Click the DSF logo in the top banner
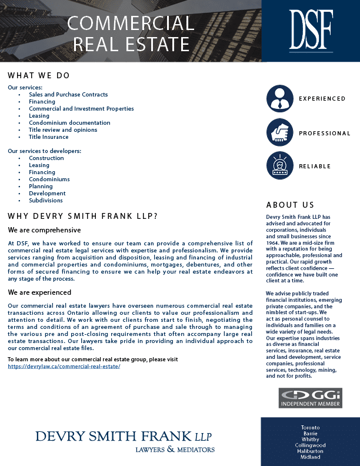[311, 31]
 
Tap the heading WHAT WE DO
[39, 75]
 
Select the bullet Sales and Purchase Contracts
[68, 94]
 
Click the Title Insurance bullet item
[48, 137]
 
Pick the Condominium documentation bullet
[69, 122]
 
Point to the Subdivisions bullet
[46, 200]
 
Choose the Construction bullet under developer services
[46, 158]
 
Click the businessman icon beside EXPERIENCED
[279, 99]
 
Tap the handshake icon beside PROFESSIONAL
[279, 133]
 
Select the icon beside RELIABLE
[279, 166]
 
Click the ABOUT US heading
[290, 205]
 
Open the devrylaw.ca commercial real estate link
[64, 366]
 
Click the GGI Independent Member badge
[310, 398]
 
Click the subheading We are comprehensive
[44, 230]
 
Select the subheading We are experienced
[39, 292]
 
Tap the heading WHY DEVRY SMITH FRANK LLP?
[83, 216]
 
